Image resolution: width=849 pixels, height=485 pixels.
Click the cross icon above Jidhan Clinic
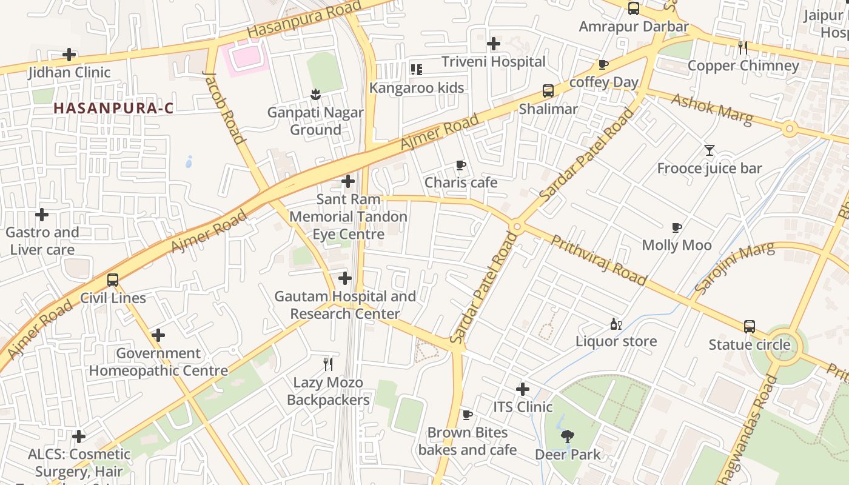coord(70,55)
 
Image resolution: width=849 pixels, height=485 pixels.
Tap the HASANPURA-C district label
coord(113,109)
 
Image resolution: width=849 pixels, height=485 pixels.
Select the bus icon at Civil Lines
coord(113,280)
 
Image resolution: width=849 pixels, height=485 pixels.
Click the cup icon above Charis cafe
coord(461,165)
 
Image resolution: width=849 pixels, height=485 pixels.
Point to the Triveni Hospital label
coord(493,61)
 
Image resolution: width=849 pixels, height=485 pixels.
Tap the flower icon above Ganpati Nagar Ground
coord(315,94)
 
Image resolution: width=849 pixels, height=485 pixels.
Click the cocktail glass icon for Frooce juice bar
coord(709,150)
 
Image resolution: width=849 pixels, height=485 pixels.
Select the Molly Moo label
coord(677,245)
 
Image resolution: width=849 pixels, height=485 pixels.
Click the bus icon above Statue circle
coord(750,327)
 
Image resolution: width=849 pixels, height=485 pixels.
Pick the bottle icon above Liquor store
coord(616,324)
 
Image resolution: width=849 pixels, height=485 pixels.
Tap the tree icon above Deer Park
coord(568,436)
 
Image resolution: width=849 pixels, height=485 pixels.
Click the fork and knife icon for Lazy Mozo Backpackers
coord(328,364)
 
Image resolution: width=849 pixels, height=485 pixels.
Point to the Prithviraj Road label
coord(599,260)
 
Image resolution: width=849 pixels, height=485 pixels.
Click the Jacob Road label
coord(224,108)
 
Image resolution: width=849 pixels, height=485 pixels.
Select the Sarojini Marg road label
coord(734,267)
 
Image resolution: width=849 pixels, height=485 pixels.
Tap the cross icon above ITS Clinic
coord(523,389)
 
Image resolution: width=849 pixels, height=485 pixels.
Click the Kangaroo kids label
coord(417,88)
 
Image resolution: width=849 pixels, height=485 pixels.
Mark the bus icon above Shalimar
coord(548,91)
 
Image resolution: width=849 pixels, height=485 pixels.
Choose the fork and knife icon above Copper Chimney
coord(742,47)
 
